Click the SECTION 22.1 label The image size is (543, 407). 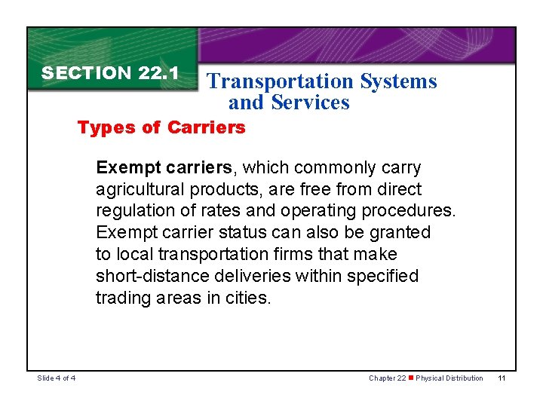(x=109, y=73)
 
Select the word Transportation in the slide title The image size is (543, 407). (x=281, y=81)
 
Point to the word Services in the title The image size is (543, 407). (x=311, y=103)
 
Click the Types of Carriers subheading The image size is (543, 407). (x=161, y=127)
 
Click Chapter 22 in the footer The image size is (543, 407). (x=387, y=378)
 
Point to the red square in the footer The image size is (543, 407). (x=411, y=378)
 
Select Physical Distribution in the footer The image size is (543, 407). (x=449, y=378)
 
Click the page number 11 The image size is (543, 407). (x=502, y=378)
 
